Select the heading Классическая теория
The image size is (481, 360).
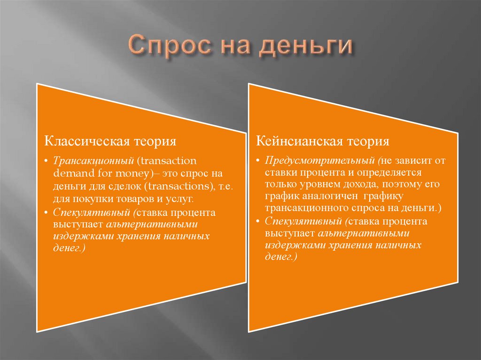pyautogui.click(x=110, y=141)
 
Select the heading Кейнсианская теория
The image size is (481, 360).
pyautogui.click(x=323, y=141)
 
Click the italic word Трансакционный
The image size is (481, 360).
pyautogui.click(x=93, y=161)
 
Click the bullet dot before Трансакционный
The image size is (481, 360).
pyautogui.click(x=47, y=161)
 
